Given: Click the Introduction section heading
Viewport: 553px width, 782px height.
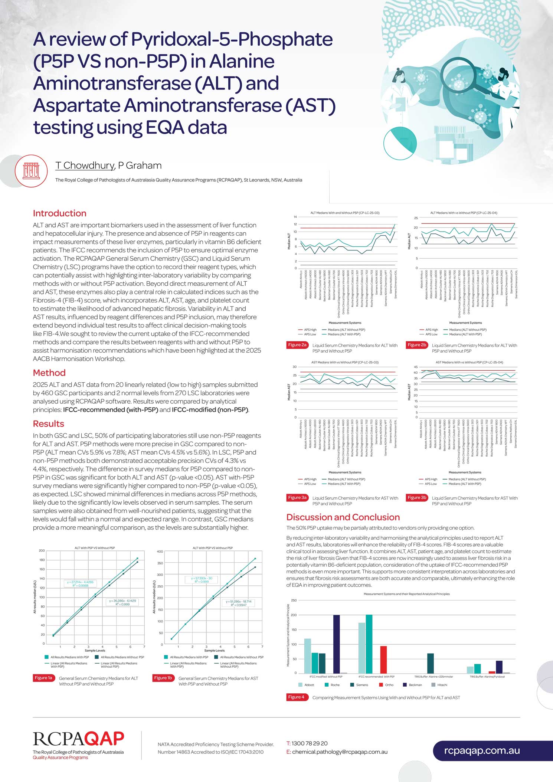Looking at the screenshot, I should (59, 213).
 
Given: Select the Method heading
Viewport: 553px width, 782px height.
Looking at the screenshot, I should (49, 373).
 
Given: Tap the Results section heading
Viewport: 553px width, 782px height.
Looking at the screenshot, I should (48, 424).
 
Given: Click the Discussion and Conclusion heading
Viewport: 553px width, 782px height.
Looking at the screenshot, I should (343, 517).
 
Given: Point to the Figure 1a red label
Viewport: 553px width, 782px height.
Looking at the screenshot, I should (43, 678).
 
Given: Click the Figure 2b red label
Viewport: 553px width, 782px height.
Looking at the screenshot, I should (417, 345).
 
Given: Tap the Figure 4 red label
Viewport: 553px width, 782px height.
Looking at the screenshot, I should (296, 697).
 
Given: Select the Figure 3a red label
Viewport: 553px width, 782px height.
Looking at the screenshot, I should (297, 498).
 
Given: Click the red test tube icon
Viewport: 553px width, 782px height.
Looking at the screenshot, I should (31, 171).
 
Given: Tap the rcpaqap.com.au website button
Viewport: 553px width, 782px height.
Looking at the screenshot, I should (482, 750).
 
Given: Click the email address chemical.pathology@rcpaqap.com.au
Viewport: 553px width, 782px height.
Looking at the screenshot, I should (340, 752).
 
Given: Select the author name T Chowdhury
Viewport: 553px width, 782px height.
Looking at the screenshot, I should (85, 166).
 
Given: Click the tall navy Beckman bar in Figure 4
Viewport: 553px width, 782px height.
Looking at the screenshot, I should (336, 644).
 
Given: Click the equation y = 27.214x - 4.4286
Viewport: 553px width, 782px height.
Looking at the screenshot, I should (80, 582).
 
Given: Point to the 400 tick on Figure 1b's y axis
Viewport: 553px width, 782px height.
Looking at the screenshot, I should (160, 552).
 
